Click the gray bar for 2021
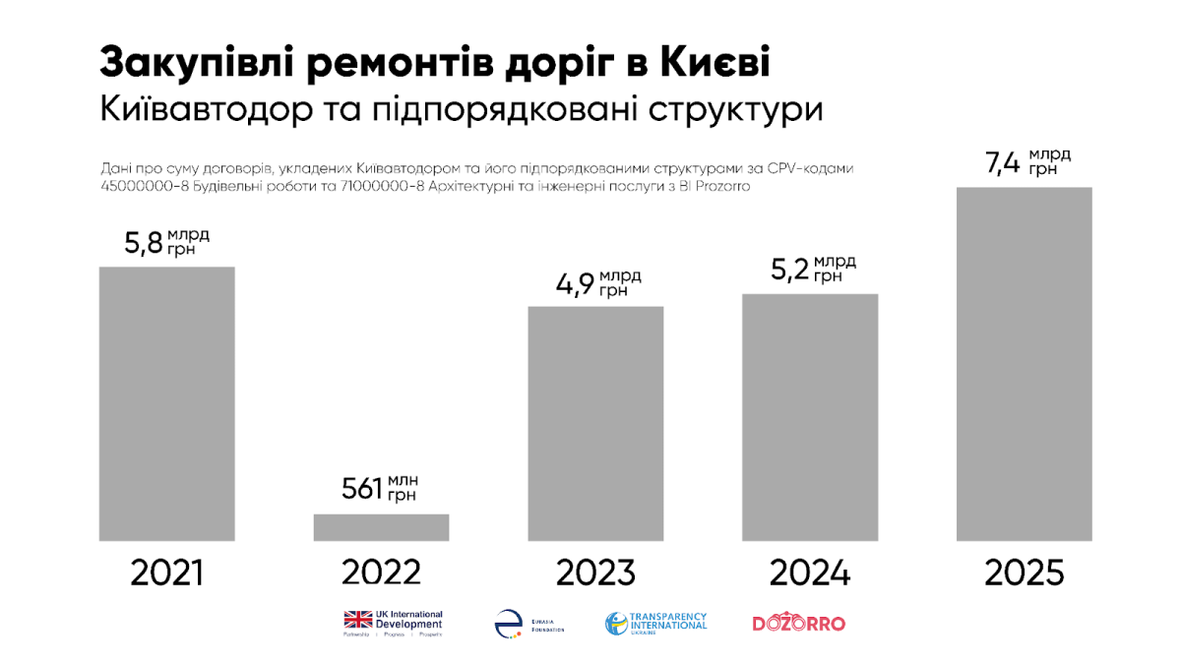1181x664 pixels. point(167,403)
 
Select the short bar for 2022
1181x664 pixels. point(381,527)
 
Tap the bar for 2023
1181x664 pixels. point(595,423)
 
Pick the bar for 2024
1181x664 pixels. point(809,417)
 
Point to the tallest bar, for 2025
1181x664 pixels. point(1024,364)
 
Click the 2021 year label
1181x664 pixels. point(167,573)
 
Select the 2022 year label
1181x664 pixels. point(381,573)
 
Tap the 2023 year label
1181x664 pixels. point(595,573)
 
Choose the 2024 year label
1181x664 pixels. point(809,573)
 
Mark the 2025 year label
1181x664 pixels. point(1024,573)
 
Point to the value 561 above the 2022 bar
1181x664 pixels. point(361,489)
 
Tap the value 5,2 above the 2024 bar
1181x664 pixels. point(790,271)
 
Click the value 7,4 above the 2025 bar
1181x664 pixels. point(1005,163)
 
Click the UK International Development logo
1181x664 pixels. point(393,622)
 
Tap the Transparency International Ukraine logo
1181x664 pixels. point(655,623)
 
